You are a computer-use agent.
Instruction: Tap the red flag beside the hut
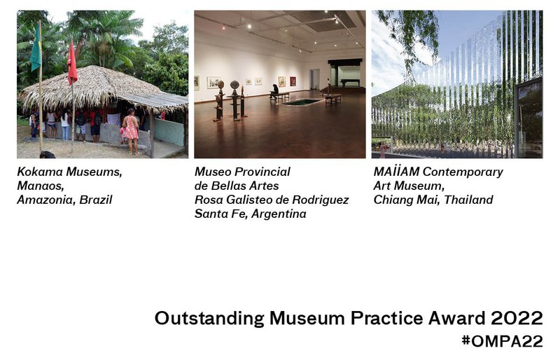(71, 62)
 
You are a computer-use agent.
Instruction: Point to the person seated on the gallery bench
(274, 91)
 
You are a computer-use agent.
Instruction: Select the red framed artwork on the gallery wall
(293, 81)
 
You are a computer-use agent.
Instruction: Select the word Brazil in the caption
(94, 200)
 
